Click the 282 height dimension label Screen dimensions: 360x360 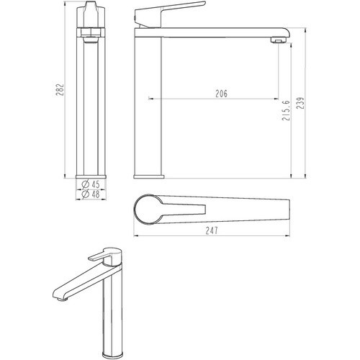[60, 89]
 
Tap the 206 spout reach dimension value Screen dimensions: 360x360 [221, 94]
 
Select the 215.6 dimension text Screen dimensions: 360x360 [286, 110]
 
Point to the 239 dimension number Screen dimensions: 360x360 [300, 103]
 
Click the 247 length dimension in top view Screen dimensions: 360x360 [212, 230]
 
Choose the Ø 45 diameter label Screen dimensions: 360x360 [91, 184]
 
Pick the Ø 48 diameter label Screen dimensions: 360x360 [91, 194]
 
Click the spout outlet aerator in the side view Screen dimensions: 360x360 [279, 40]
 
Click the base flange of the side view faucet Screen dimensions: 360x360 [149, 176]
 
